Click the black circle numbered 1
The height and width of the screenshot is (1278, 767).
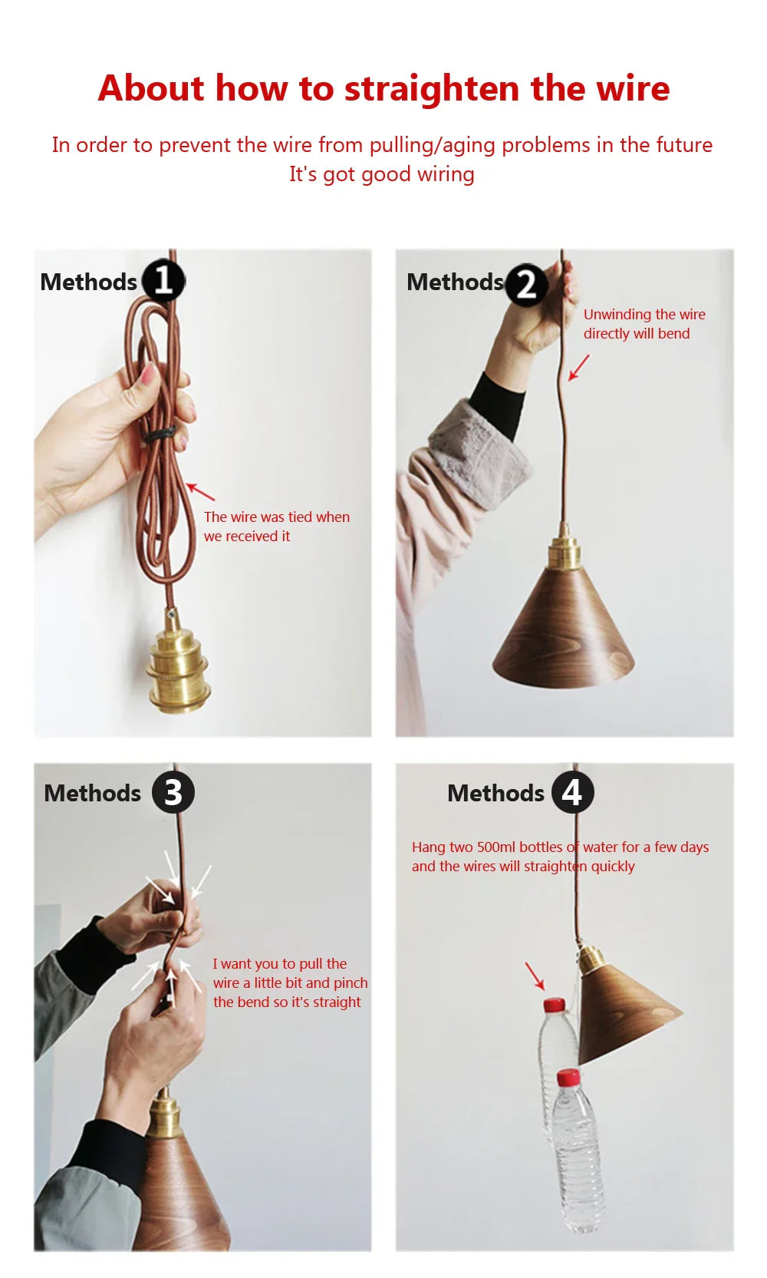click(x=163, y=281)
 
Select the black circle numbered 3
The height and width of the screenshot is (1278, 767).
click(x=173, y=792)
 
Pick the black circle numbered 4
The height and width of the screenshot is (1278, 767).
click(x=572, y=792)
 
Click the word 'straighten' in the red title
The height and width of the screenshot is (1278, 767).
click(x=432, y=89)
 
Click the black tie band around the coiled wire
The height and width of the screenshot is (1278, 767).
click(x=159, y=434)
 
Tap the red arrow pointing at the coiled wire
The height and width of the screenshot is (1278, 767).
click(x=201, y=492)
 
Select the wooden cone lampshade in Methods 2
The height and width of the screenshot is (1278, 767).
click(x=564, y=627)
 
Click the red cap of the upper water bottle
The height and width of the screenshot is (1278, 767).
click(x=554, y=1005)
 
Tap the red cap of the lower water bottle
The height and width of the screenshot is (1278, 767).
click(x=568, y=1077)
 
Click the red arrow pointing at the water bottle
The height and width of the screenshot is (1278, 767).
click(x=535, y=976)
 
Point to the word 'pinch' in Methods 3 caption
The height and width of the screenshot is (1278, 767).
click(x=351, y=983)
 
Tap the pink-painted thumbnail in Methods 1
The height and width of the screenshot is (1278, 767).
click(x=148, y=374)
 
